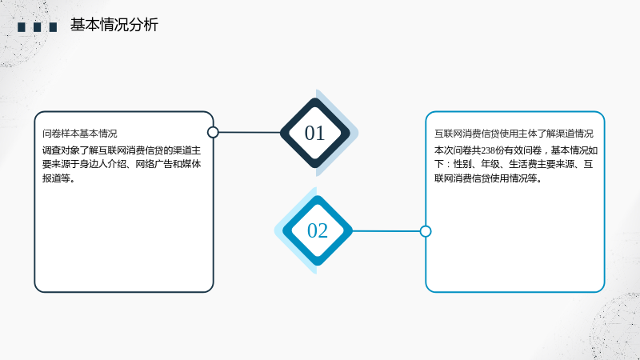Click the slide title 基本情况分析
tap(114, 25)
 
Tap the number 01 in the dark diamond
tap(314, 133)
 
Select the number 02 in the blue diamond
tap(318, 230)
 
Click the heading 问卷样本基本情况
tap(79, 134)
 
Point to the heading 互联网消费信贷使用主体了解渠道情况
tap(514, 134)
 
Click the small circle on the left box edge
tap(213, 132)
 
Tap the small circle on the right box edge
tap(426, 231)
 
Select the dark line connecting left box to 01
tap(250, 132)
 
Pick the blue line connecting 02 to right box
tap(386, 231)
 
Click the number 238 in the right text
tap(488, 150)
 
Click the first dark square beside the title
tap(22, 27)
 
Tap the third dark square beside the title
tap(53, 27)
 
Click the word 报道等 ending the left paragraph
tap(56, 178)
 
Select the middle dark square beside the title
tap(37, 27)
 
